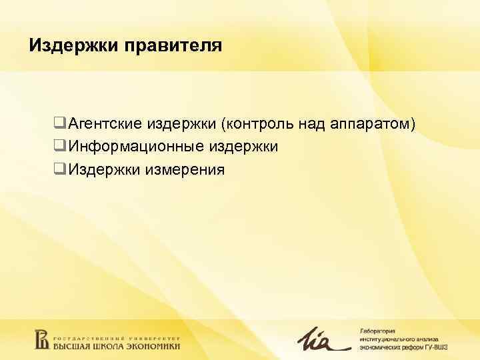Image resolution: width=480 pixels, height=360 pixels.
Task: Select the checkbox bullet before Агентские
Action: pos(59,124)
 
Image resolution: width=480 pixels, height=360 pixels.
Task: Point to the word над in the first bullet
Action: pos(312,124)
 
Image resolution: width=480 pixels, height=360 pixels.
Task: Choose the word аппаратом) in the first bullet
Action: pos(373,124)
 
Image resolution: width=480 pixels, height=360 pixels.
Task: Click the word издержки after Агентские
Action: pos(181,124)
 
